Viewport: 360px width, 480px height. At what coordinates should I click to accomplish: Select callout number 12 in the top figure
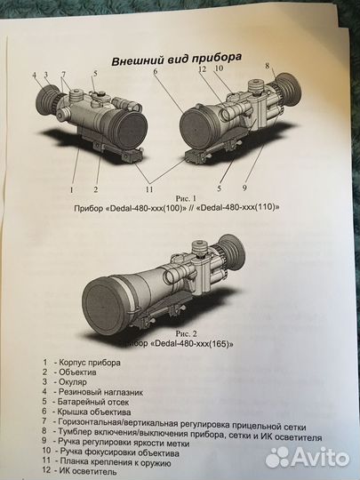203,69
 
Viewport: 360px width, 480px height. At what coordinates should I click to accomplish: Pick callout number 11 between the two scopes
148,188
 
